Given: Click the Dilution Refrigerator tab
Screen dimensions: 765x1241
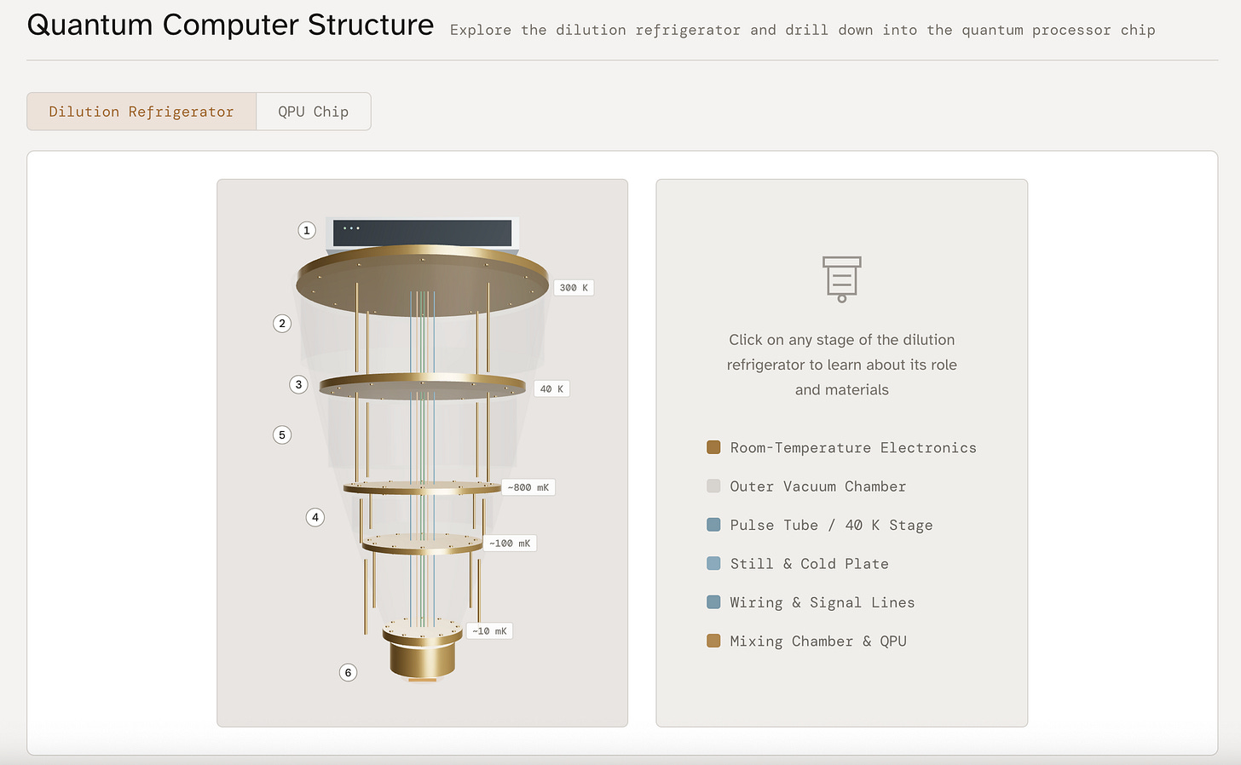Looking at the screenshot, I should (141, 112).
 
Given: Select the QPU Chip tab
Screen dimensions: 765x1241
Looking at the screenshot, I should (313, 112).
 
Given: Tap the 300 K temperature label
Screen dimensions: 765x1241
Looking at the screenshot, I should (574, 288).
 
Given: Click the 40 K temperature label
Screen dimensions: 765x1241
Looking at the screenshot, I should (551, 389).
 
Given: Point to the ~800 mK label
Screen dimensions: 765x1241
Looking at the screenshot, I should (528, 488).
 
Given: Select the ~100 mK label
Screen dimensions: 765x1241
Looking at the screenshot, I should (510, 544).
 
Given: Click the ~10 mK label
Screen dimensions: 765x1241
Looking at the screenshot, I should (490, 631).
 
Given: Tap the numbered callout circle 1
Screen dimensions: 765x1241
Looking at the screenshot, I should (307, 230).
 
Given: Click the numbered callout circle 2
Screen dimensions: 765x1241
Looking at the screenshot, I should (282, 324).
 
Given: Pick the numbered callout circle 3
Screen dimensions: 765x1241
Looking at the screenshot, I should (298, 384).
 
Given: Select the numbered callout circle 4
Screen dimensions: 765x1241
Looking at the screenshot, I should (315, 517).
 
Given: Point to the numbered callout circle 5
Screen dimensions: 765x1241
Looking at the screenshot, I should (282, 435).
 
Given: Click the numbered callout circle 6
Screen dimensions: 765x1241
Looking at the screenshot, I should (348, 673).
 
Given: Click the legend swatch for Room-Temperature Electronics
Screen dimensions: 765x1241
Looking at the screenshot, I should (713, 447).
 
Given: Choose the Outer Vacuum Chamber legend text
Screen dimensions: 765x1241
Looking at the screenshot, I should (817, 486).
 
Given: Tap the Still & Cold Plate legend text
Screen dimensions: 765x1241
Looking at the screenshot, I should (809, 564).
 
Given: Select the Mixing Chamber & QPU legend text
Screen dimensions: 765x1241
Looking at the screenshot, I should (817, 641).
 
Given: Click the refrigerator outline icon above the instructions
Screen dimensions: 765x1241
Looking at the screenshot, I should (841, 279).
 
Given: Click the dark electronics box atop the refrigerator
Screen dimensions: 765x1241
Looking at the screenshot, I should (422, 233).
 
